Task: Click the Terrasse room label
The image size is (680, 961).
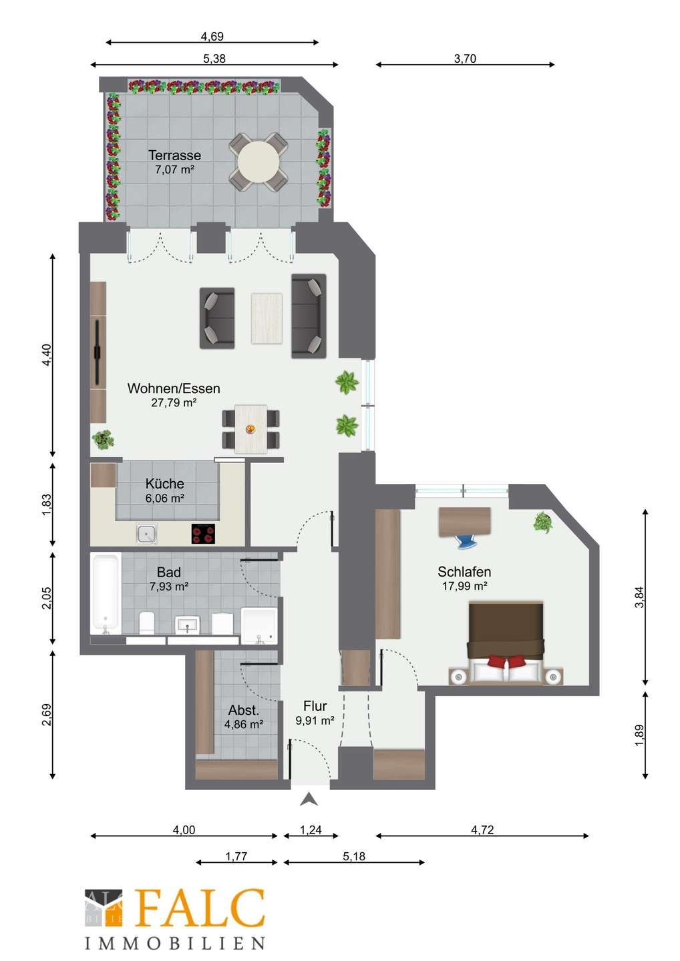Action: (x=174, y=155)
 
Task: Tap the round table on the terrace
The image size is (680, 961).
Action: (x=259, y=162)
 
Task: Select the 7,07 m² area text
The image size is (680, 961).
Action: (x=174, y=170)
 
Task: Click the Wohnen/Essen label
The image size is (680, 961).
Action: (x=174, y=388)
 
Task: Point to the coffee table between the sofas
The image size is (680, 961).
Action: (x=267, y=318)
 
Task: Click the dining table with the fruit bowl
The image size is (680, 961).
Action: (x=250, y=428)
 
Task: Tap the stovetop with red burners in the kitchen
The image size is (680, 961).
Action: (x=203, y=534)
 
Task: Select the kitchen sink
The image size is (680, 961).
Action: (x=146, y=534)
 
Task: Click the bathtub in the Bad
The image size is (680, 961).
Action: (x=106, y=595)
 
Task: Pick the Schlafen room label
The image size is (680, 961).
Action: (x=464, y=571)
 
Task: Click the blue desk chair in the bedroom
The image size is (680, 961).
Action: (x=465, y=541)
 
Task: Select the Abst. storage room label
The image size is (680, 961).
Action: (x=243, y=710)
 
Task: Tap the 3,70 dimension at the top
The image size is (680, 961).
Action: (x=465, y=58)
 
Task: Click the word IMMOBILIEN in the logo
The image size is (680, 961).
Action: (x=174, y=943)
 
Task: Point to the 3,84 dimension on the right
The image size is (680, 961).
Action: (x=639, y=597)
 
